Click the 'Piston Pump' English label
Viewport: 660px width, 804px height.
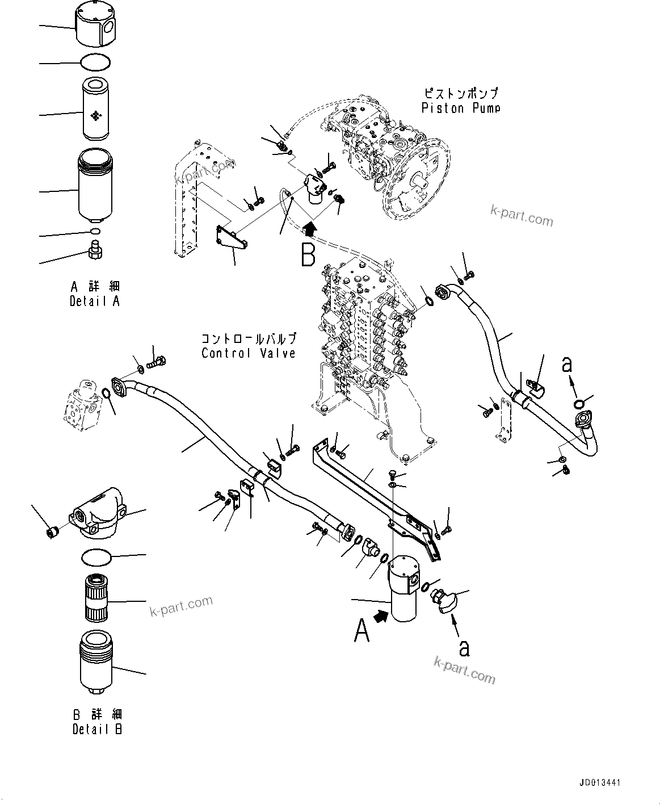coord(460,108)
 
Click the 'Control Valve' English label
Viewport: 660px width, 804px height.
coord(248,353)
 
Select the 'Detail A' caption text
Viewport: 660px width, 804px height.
coord(95,301)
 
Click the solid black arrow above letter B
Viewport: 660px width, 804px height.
coord(309,229)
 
